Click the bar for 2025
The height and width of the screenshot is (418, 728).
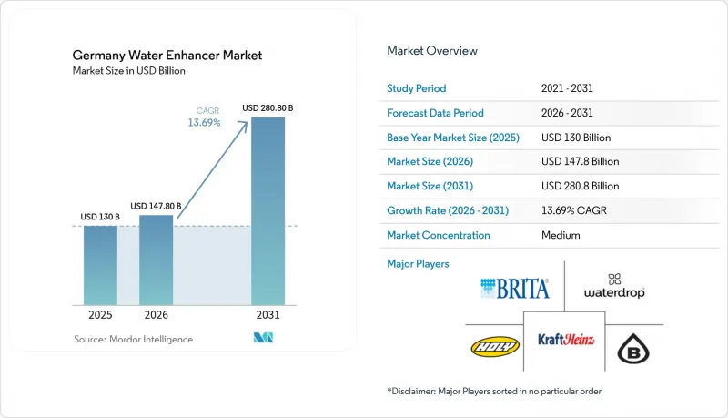(100, 265)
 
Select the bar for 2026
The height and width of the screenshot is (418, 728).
(156, 260)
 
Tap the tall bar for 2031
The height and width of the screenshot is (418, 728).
(268, 211)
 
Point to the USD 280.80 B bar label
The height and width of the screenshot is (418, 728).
(268, 108)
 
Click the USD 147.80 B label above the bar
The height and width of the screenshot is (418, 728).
(156, 206)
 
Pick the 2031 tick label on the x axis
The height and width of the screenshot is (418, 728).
(268, 315)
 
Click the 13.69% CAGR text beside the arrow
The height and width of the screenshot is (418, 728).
(204, 123)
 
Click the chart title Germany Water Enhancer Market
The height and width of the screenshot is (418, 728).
(167, 56)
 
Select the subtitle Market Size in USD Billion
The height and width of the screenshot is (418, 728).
(128, 71)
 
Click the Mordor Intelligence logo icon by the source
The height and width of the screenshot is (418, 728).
(263, 338)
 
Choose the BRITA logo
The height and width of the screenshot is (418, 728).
(514, 289)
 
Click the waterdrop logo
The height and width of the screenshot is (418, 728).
(614, 287)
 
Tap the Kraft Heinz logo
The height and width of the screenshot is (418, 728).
(566, 340)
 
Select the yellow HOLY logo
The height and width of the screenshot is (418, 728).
(495, 346)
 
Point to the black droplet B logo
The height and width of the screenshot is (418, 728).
(633, 348)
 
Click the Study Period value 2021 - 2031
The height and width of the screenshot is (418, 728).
(567, 88)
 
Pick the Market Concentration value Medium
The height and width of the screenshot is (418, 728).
(561, 235)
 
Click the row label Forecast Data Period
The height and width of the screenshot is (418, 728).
(435, 113)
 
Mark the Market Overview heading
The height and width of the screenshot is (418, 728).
(431, 51)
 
